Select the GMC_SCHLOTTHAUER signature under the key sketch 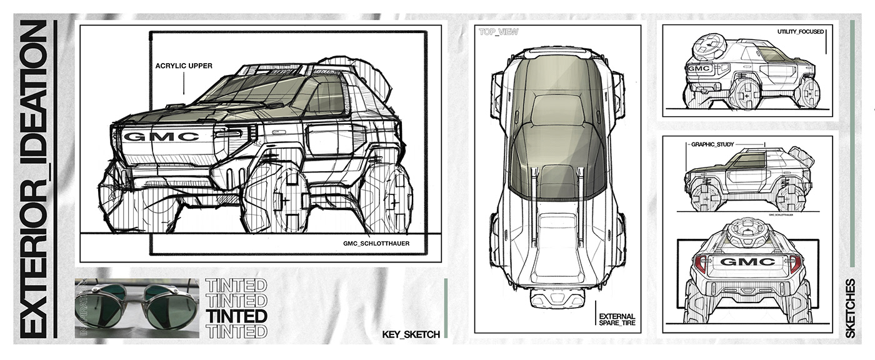pyautogui.click(x=376, y=243)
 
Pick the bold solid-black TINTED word pyautogui.click(x=236, y=316)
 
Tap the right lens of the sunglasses pyautogui.click(x=170, y=309)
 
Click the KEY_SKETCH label pyautogui.click(x=411, y=334)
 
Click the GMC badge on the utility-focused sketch pyautogui.click(x=699, y=68)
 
